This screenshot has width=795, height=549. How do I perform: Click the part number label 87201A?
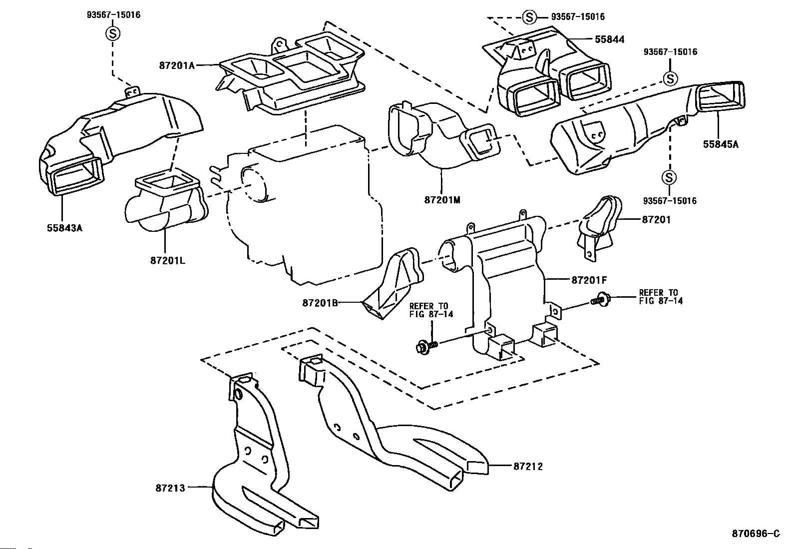point(177,66)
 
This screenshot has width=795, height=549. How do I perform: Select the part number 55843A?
point(64,228)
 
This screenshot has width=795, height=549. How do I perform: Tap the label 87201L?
point(168,261)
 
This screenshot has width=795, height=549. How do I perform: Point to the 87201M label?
point(442,200)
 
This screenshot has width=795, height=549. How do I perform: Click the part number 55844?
point(609,39)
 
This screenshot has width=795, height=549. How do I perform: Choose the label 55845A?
point(721,144)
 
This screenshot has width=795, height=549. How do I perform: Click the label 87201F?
point(589,281)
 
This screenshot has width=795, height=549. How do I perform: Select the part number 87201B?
point(320,303)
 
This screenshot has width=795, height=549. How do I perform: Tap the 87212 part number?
point(528,467)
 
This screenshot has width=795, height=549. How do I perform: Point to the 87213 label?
point(170,488)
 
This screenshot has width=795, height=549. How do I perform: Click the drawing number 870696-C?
point(756,534)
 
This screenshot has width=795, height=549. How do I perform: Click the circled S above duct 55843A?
point(112,34)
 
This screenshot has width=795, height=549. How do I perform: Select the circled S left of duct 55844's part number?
point(529,17)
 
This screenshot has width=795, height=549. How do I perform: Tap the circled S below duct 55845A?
point(669,177)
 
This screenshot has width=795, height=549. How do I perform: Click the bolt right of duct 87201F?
point(600,299)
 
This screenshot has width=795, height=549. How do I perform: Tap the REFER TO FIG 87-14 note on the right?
point(661,297)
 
